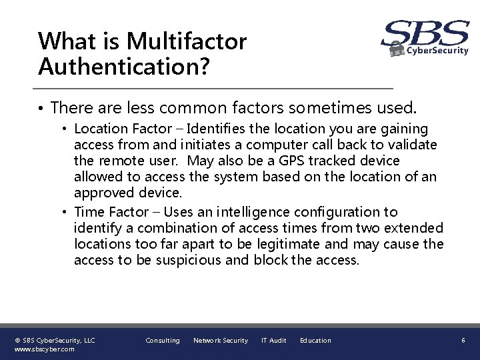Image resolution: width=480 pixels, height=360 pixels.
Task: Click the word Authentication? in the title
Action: coord(124,66)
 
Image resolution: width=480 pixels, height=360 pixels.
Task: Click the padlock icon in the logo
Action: coord(397,48)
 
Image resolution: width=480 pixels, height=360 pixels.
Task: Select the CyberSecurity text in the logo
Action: coord(437,50)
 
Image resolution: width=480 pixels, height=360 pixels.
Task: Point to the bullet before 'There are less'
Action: coord(41,107)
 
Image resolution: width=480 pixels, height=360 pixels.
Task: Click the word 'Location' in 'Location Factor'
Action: coord(99,129)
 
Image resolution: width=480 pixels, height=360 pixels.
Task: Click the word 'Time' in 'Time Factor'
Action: coord(89,212)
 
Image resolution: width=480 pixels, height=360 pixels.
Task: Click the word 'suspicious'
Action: coord(189,261)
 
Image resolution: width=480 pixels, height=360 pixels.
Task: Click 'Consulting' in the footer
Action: coord(163,341)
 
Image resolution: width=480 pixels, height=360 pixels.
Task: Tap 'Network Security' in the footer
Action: coord(220,341)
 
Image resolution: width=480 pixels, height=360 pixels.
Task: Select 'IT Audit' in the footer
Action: coord(273,341)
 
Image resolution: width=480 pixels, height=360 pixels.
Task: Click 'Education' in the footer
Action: coord(315,341)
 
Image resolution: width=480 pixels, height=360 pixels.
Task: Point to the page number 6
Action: coord(463,341)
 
